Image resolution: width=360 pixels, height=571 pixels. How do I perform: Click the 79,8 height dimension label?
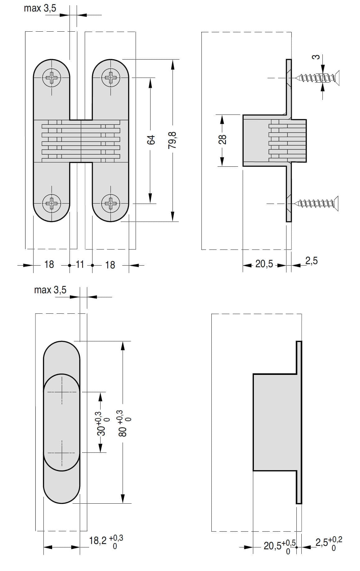pos(172,140)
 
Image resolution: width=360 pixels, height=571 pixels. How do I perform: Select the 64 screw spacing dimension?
pos(151,140)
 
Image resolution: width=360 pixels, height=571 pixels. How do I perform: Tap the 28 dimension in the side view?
pos(222,139)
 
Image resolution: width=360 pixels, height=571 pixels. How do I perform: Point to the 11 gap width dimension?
pos(80,264)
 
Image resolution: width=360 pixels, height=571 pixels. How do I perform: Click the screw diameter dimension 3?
pos(316,57)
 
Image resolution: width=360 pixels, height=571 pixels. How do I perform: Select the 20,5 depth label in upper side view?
pos(264,264)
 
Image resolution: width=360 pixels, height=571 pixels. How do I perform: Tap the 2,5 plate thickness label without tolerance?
pos(311,261)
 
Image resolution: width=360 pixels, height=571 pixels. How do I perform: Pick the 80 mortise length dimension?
pos(124,424)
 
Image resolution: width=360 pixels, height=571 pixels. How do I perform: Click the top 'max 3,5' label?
pos(40,8)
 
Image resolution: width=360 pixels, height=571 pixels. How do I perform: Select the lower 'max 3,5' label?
pos(50,290)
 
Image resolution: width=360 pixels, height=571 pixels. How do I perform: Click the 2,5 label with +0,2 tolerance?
pos(328,543)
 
